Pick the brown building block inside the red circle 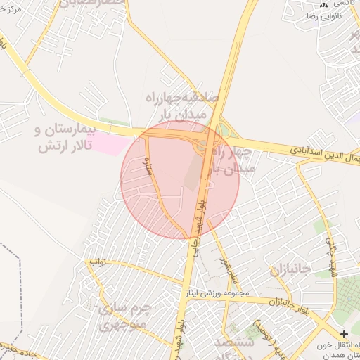(x=191, y=172)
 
